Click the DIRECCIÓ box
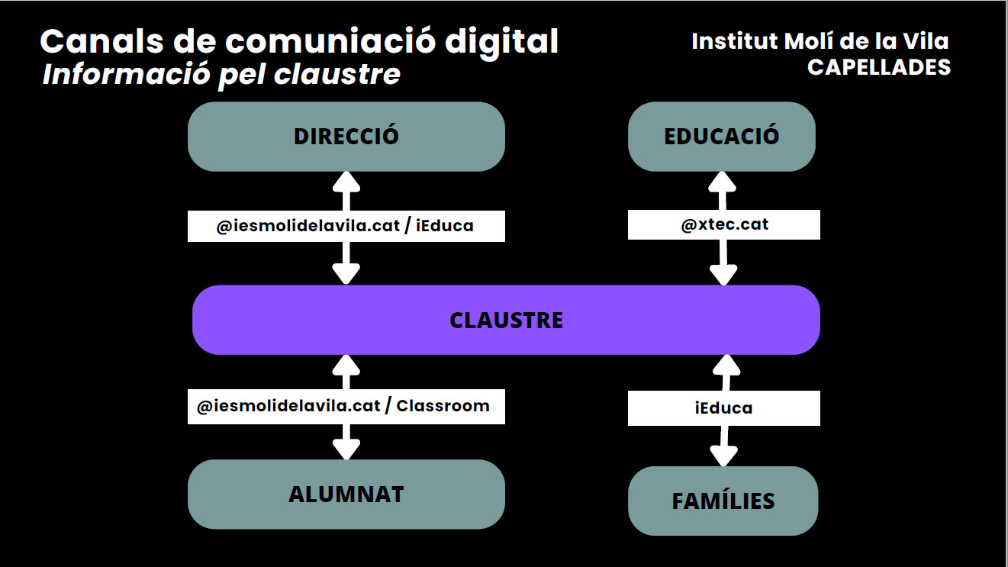point(346,136)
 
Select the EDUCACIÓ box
point(721,136)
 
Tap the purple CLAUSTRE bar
point(506,320)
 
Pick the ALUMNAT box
point(346,494)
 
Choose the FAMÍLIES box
point(723,501)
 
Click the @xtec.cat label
point(724,224)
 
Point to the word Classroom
point(443,405)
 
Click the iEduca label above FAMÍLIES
point(723,408)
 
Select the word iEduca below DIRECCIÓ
point(445,226)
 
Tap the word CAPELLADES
point(879,67)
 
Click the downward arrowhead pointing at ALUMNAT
point(347,449)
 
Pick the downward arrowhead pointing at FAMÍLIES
point(723,456)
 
